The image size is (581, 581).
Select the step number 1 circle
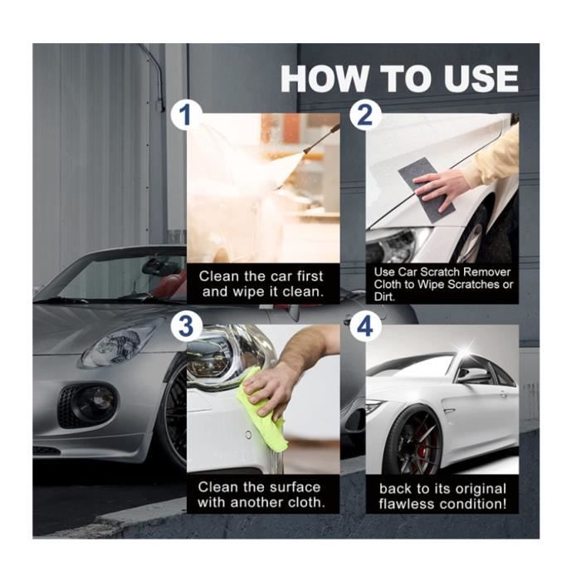186,115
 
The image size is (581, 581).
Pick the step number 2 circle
365,115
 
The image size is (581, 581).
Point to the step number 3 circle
186,326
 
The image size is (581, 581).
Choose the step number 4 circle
365,326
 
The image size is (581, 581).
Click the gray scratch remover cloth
427,187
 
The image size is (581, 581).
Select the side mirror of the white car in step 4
473,374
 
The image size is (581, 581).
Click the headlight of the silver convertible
120,343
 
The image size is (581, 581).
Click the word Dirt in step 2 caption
384,297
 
